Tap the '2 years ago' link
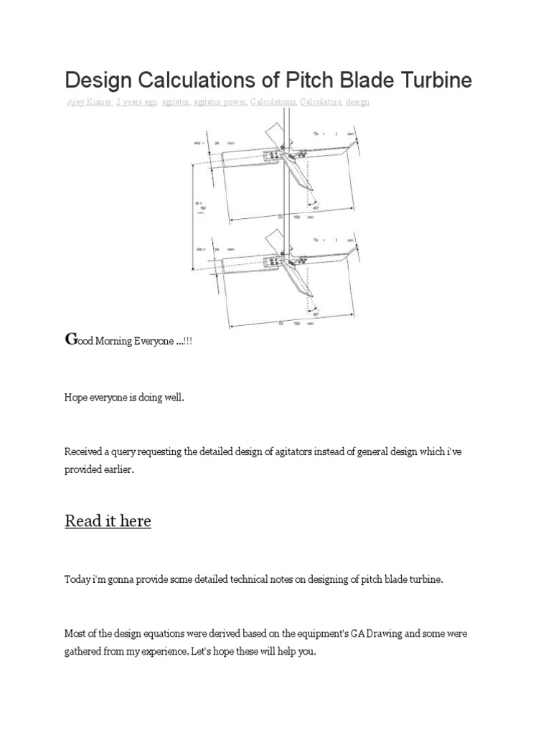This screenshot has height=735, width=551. coord(136,102)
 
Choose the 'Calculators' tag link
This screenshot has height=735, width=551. coord(321,102)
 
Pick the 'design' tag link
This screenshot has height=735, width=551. coord(357,102)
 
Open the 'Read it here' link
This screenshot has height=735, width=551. coord(108,520)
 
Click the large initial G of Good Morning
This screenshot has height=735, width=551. coord(70,340)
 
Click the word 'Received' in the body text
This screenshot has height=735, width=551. coord(85,451)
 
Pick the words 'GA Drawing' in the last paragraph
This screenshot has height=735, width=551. coord(379,634)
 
